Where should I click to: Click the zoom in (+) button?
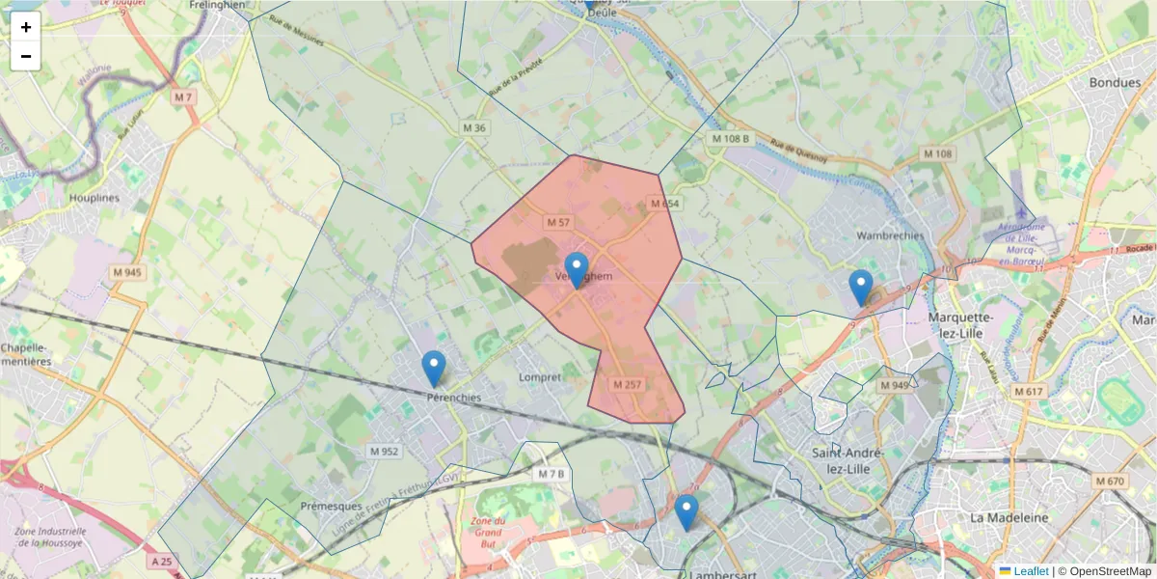coord(26,27)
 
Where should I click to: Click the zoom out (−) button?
coord(26,56)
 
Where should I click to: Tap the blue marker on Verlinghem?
coord(577,270)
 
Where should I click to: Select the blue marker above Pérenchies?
coord(434,369)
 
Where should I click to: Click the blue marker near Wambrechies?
coord(861,288)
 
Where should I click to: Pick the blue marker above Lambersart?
coord(686,512)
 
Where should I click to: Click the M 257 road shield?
coord(627,384)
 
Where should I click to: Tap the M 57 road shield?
coord(558,222)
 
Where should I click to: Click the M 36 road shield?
coord(474,127)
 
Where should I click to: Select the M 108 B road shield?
coord(730,139)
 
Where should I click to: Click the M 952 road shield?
coord(384,451)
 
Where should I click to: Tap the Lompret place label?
coord(539,377)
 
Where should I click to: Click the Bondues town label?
coord(1115,82)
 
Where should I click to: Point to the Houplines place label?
coord(94,198)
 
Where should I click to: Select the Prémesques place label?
coord(331,506)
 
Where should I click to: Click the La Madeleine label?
coord(1009,517)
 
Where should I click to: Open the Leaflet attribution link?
coord(1030,571)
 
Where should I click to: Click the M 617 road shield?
coord(1029,391)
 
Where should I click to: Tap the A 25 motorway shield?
coord(161,561)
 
